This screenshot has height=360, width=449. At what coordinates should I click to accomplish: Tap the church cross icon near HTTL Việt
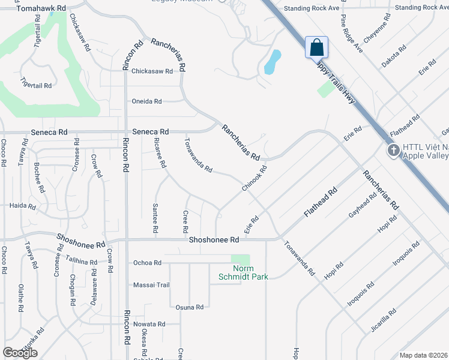click(x=393, y=150)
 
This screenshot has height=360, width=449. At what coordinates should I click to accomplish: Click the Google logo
click(x=20, y=353)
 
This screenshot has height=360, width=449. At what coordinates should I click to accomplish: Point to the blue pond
click(x=273, y=62)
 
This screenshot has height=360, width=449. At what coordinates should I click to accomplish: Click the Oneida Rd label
click(x=146, y=101)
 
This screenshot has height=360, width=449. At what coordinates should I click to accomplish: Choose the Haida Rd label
click(x=23, y=206)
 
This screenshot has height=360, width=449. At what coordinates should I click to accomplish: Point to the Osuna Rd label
click(x=190, y=307)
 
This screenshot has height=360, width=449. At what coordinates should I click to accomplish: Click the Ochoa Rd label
click(x=147, y=263)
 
